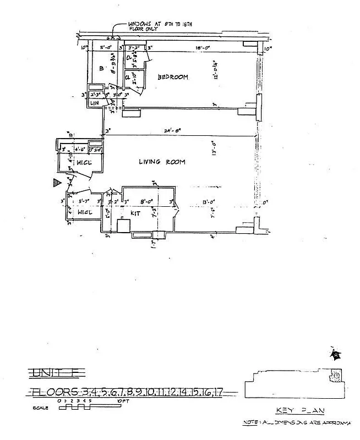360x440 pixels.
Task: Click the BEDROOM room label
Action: click(x=173, y=78)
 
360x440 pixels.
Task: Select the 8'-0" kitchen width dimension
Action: click(x=145, y=201)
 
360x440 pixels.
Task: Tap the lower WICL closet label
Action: click(x=83, y=212)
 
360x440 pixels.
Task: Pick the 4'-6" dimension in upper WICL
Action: click(x=80, y=148)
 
